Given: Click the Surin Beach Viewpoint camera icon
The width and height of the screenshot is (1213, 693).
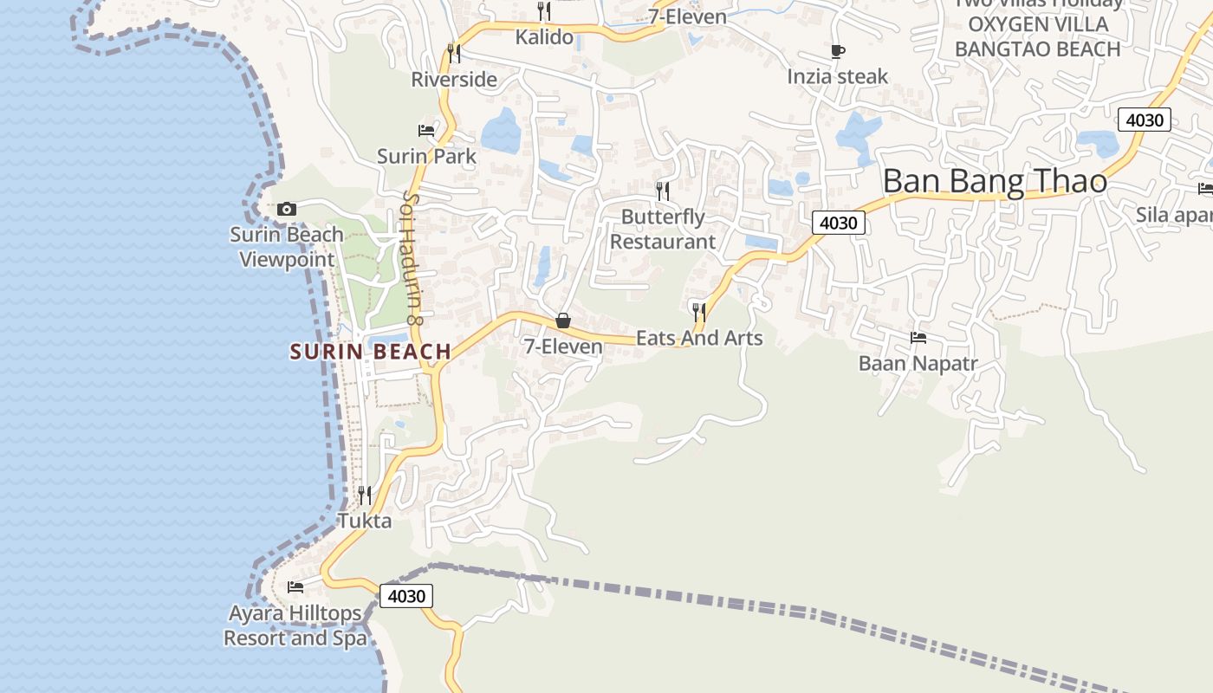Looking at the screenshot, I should click(287, 209).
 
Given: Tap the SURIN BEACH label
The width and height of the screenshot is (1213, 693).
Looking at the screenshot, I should click(371, 352).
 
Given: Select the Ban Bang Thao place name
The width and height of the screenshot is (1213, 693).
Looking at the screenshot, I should click(995, 181).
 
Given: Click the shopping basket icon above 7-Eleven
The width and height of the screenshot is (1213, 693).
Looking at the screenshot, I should click(563, 321).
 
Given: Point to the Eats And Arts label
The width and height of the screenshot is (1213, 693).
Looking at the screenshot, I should click(699, 338).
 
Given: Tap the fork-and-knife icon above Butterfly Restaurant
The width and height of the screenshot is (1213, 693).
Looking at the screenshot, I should click(663, 191).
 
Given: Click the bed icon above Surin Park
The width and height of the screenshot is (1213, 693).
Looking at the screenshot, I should click(426, 131).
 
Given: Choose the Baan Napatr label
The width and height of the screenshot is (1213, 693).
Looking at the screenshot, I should click(918, 363).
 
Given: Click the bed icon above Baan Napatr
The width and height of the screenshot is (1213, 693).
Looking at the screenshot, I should click(918, 337).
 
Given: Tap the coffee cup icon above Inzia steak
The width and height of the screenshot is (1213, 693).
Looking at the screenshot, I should click(838, 51).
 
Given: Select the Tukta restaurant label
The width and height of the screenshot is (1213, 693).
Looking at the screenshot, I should click(364, 521).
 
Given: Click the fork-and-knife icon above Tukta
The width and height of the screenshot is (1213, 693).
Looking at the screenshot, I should click(365, 495).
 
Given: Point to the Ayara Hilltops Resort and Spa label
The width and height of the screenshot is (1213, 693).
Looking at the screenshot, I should click(295, 625).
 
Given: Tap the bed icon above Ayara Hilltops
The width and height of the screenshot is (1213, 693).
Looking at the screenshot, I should click(295, 586).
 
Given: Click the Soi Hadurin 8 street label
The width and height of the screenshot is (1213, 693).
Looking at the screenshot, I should click(412, 258).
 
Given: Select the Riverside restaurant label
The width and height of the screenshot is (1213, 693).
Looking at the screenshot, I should click(454, 80).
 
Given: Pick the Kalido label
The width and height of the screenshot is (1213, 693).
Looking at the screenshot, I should click(544, 36).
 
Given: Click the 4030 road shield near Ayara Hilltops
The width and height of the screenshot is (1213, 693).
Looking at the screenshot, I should click(405, 596).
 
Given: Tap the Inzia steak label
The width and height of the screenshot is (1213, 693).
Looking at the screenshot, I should click(838, 76).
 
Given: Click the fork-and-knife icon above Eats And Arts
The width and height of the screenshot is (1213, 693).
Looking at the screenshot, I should click(699, 311).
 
